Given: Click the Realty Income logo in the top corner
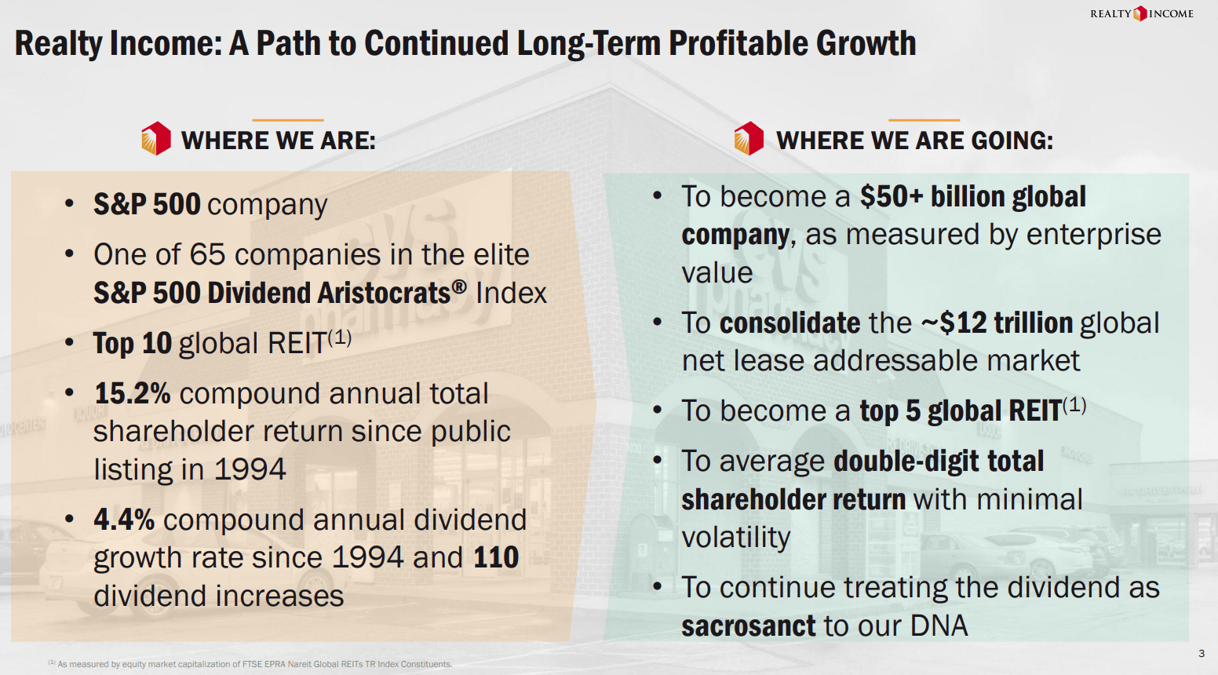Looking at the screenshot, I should [x=1141, y=13].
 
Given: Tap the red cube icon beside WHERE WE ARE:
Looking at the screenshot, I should [x=155, y=139].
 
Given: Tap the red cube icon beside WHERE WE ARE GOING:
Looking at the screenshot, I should [x=749, y=139].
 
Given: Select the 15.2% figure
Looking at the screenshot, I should [x=132, y=394].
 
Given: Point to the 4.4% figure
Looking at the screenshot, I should [x=124, y=520].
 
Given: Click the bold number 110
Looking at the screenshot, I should [x=496, y=558].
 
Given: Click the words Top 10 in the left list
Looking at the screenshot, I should [x=132, y=344].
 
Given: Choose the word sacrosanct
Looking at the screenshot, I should [x=749, y=626].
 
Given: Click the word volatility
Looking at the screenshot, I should [x=736, y=538].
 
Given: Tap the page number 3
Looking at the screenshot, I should [x=1202, y=653].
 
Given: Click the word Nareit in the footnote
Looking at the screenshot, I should [x=300, y=664].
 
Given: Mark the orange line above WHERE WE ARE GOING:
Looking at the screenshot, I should [x=924, y=120].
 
